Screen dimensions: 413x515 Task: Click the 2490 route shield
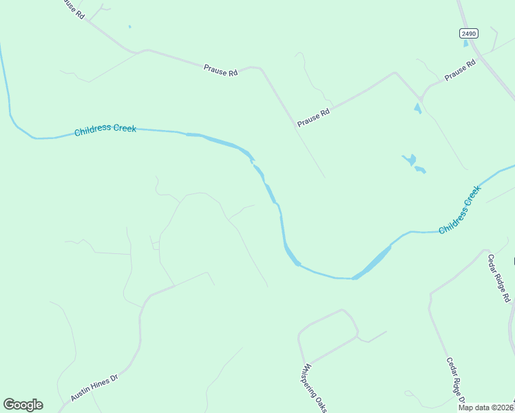point(468,33)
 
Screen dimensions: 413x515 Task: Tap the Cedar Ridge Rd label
point(499,279)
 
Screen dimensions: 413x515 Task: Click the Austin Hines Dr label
point(94,388)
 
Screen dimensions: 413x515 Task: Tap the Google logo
point(23,405)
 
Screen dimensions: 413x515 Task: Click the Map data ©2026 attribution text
point(486,407)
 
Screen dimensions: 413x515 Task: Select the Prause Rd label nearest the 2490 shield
point(461,71)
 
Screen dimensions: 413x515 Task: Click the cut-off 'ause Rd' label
point(72,10)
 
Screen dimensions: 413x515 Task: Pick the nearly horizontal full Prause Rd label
point(220,70)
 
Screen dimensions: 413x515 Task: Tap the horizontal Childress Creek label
point(105,129)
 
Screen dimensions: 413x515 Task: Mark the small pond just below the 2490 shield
point(466,43)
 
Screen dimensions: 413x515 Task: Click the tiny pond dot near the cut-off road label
point(129,27)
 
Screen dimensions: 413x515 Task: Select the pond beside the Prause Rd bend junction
point(417,108)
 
